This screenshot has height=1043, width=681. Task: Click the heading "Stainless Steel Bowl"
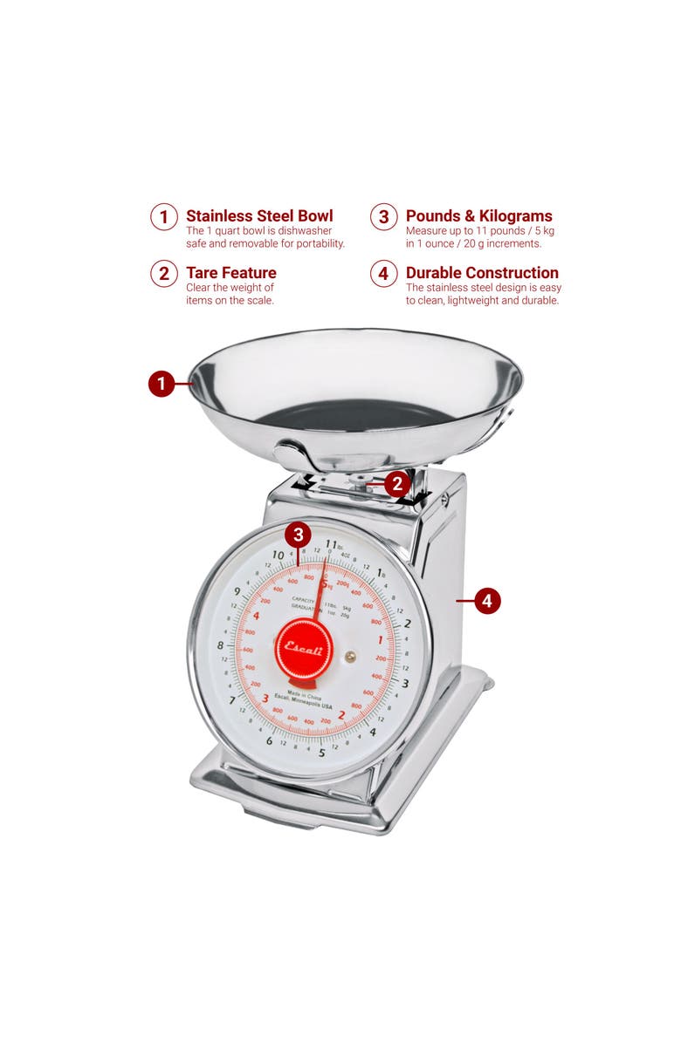pyautogui.click(x=259, y=216)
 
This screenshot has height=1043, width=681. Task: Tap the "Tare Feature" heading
pyautogui.click(x=230, y=273)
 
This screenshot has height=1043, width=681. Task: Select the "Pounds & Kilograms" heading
pyautogui.click(x=478, y=216)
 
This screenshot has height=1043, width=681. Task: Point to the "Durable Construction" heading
pyautogui.click(x=482, y=273)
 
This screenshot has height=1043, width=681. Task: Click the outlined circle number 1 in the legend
pyautogui.click(x=163, y=217)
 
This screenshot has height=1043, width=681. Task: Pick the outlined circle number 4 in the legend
pyautogui.click(x=383, y=274)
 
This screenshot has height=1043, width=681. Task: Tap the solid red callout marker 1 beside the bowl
pyautogui.click(x=161, y=384)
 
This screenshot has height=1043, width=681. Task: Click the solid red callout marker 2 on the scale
pyautogui.click(x=397, y=484)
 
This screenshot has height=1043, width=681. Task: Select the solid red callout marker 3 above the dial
pyautogui.click(x=299, y=535)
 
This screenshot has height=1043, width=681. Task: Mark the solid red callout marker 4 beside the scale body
pyautogui.click(x=487, y=601)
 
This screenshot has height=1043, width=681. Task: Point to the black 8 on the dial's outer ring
pyautogui.click(x=220, y=646)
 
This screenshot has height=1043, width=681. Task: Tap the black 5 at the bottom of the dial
pyautogui.click(x=321, y=753)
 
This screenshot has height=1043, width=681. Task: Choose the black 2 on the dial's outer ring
pyautogui.click(x=407, y=623)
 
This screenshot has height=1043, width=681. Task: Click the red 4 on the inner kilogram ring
pyautogui.click(x=255, y=616)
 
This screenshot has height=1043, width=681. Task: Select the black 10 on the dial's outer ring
pyautogui.click(x=278, y=555)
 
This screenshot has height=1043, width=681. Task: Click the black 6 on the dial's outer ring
pyautogui.click(x=269, y=741)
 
